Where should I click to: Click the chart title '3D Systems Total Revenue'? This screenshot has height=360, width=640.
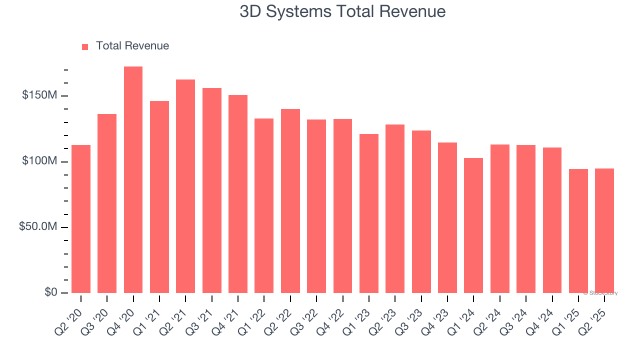pos(342,11)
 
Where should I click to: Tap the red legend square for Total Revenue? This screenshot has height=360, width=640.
pos(85,46)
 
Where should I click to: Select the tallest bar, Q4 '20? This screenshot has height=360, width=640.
pos(133,180)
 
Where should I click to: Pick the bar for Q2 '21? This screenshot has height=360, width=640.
pos(185,186)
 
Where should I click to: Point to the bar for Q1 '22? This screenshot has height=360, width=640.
pos(264,205)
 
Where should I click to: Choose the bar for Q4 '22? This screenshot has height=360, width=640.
pos(342,205)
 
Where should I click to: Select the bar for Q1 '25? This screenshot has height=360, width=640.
pos(578,230)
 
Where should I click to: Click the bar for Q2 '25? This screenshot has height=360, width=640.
pos(604,230)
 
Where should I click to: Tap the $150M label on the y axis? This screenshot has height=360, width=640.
pos(39,95)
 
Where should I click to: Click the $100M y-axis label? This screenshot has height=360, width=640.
pos(39,161)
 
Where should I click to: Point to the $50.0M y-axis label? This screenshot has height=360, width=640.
pos(37,227)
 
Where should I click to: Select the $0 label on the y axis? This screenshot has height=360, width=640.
pos(50,292)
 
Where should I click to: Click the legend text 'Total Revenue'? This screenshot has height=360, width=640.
pos(132,46)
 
